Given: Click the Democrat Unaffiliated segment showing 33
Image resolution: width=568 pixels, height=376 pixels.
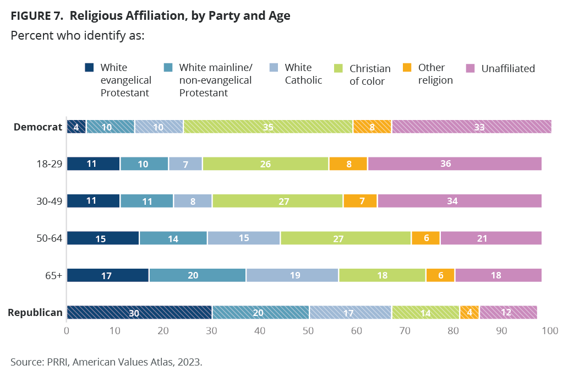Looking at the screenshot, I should click(x=471, y=127).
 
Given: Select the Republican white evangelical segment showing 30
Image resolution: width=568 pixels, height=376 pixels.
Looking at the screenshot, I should click(x=139, y=312).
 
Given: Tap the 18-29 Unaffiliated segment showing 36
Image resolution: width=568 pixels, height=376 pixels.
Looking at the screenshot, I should click(x=454, y=164).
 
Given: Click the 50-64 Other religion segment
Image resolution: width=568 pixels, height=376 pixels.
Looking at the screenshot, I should click(x=425, y=238).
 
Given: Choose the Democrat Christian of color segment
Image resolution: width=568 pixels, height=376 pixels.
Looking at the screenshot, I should click(x=268, y=127).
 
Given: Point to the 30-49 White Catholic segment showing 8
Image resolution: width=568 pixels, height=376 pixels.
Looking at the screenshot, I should click(x=193, y=201).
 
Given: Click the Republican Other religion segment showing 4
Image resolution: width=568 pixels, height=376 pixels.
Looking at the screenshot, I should click(x=469, y=312).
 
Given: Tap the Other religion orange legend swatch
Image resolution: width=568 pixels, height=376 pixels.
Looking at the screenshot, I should click(x=407, y=68).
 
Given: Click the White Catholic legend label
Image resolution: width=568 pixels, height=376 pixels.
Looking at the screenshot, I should click(x=303, y=74).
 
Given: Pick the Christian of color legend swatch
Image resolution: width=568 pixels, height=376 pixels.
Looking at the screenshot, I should click(x=338, y=68).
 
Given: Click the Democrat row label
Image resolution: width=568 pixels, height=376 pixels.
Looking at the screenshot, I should click(x=37, y=127).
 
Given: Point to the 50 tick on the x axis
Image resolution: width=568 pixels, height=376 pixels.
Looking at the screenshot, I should click(x=308, y=331).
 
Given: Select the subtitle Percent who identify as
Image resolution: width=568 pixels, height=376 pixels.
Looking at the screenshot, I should click(x=77, y=35).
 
